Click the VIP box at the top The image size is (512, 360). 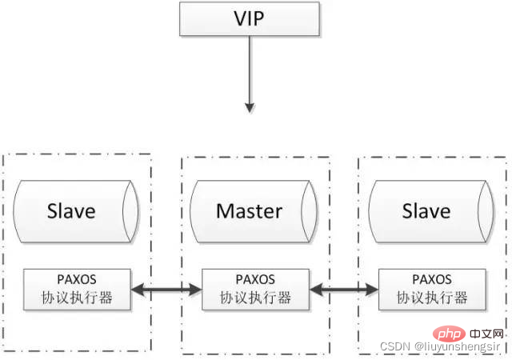click(x=250, y=18)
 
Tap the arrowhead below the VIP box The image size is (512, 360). click(x=250, y=106)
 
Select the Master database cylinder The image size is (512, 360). click(x=250, y=212)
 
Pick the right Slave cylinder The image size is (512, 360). click(x=426, y=212)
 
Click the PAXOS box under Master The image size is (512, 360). click(x=256, y=290)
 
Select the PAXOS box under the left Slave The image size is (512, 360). click(x=78, y=290)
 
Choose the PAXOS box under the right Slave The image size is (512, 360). click(x=432, y=290)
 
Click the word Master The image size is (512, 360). click(x=250, y=212)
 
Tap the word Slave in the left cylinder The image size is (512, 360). click(x=71, y=212)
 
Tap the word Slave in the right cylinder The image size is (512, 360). click(x=426, y=212)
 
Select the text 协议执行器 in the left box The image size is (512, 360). click(x=78, y=298)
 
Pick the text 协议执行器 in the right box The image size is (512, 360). click(x=432, y=298)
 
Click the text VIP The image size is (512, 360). click(x=250, y=18)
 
